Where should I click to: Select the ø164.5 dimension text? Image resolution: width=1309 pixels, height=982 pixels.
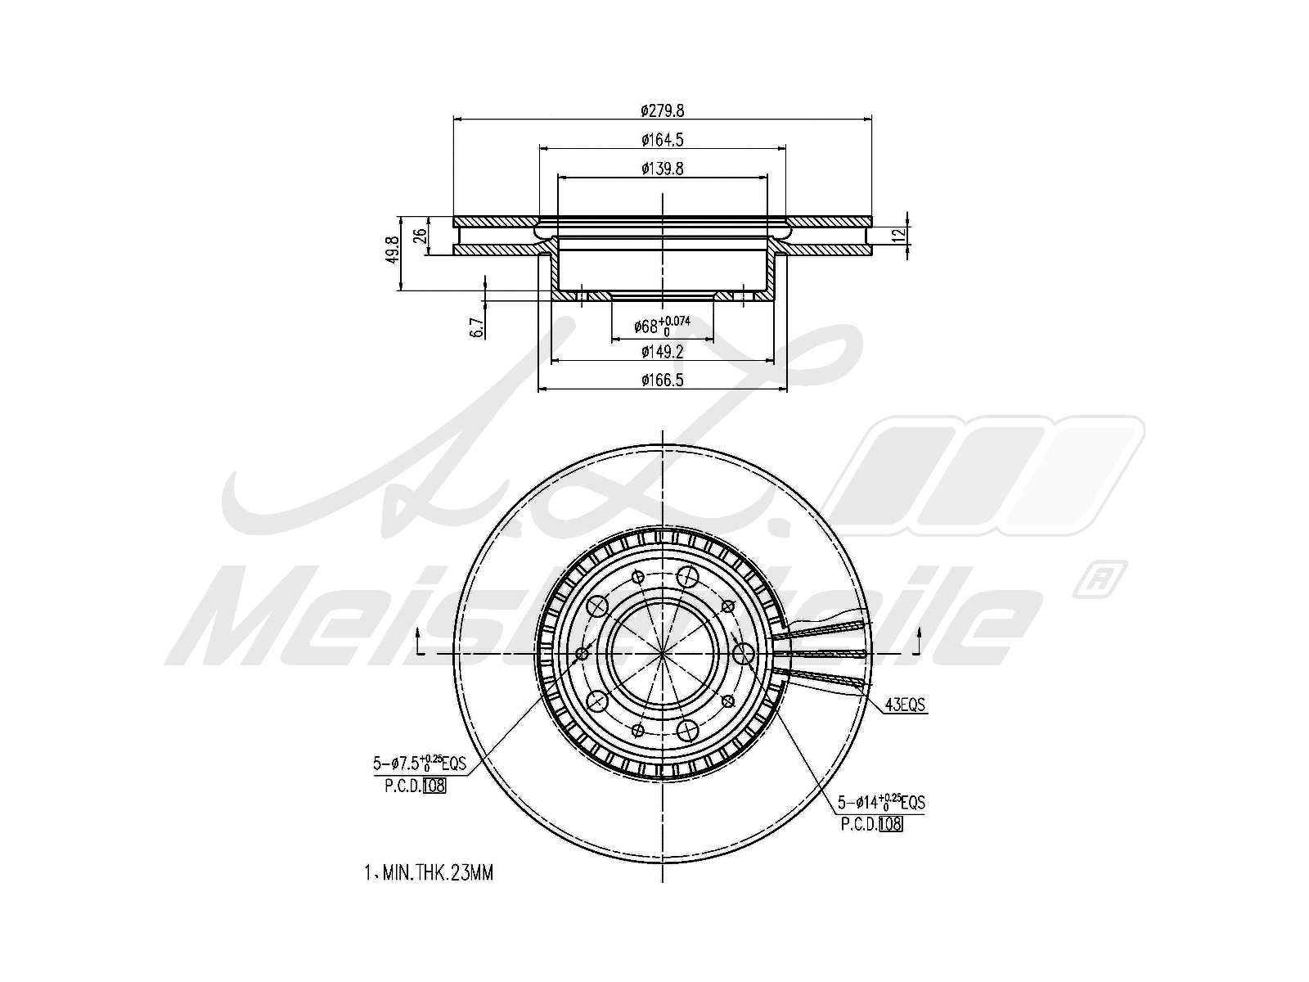click(x=662, y=140)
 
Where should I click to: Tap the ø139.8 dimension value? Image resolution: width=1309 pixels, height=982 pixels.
click(x=662, y=169)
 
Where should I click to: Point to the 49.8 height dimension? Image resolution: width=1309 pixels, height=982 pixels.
click(x=392, y=249)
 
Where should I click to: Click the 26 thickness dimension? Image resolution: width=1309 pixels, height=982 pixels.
click(x=421, y=236)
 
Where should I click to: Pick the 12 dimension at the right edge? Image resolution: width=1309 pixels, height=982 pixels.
click(x=900, y=236)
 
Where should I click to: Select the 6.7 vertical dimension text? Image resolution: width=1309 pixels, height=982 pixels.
click(x=477, y=327)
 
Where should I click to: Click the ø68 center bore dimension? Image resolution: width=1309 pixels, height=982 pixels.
click(x=662, y=326)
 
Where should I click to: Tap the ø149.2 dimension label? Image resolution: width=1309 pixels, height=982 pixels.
click(x=662, y=352)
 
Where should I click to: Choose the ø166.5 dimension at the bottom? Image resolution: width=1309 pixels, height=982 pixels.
click(x=662, y=380)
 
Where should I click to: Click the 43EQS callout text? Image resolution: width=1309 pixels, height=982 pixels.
click(x=906, y=705)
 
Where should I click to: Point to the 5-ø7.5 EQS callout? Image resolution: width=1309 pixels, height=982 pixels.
click(x=420, y=764)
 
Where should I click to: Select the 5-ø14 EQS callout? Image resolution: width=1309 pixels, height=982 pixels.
click(x=880, y=803)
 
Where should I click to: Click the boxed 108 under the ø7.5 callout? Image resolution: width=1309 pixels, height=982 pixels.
click(x=434, y=786)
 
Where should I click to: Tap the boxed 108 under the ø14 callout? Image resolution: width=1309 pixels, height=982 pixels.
click(x=891, y=825)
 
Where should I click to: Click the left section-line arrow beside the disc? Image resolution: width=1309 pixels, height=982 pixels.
click(x=419, y=641)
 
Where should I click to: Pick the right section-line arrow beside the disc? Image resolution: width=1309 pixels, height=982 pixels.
click(x=920, y=641)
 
